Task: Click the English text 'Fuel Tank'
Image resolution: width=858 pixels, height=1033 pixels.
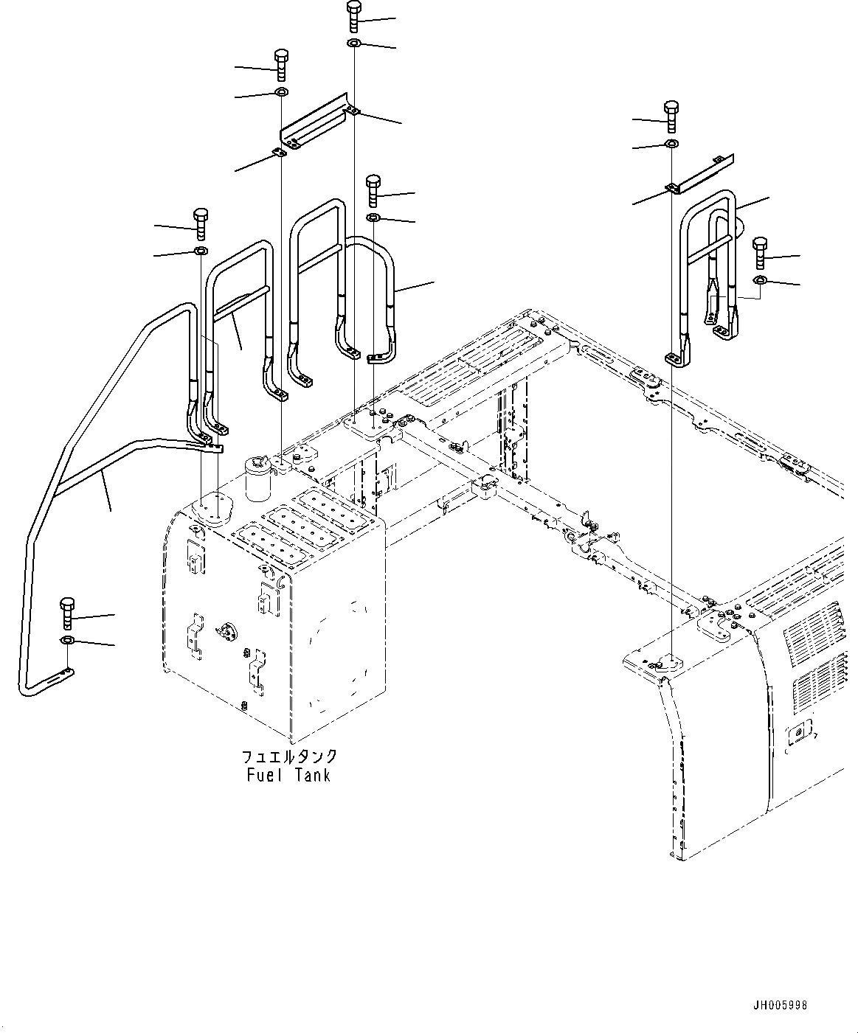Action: click(288, 775)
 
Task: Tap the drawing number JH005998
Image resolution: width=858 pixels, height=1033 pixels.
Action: click(781, 1005)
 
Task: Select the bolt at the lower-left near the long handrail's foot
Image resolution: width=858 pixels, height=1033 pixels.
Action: click(67, 613)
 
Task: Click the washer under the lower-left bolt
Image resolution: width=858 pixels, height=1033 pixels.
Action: click(67, 639)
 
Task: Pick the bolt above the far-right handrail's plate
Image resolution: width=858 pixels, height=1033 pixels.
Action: click(671, 115)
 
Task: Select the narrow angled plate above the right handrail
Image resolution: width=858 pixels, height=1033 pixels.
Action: click(701, 173)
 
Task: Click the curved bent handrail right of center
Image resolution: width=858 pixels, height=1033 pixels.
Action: click(380, 295)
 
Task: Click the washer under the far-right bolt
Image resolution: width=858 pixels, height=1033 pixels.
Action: click(760, 280)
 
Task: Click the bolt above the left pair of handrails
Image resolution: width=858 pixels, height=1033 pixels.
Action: click(201, 223)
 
